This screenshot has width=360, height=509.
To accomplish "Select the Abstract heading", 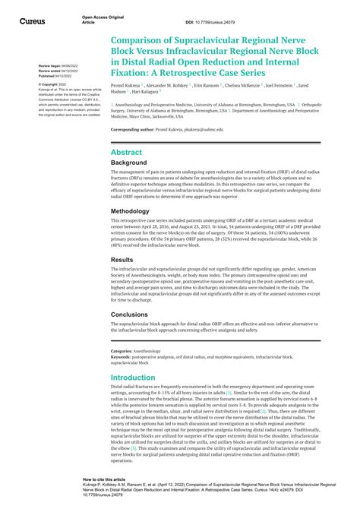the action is pos(126,152).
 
